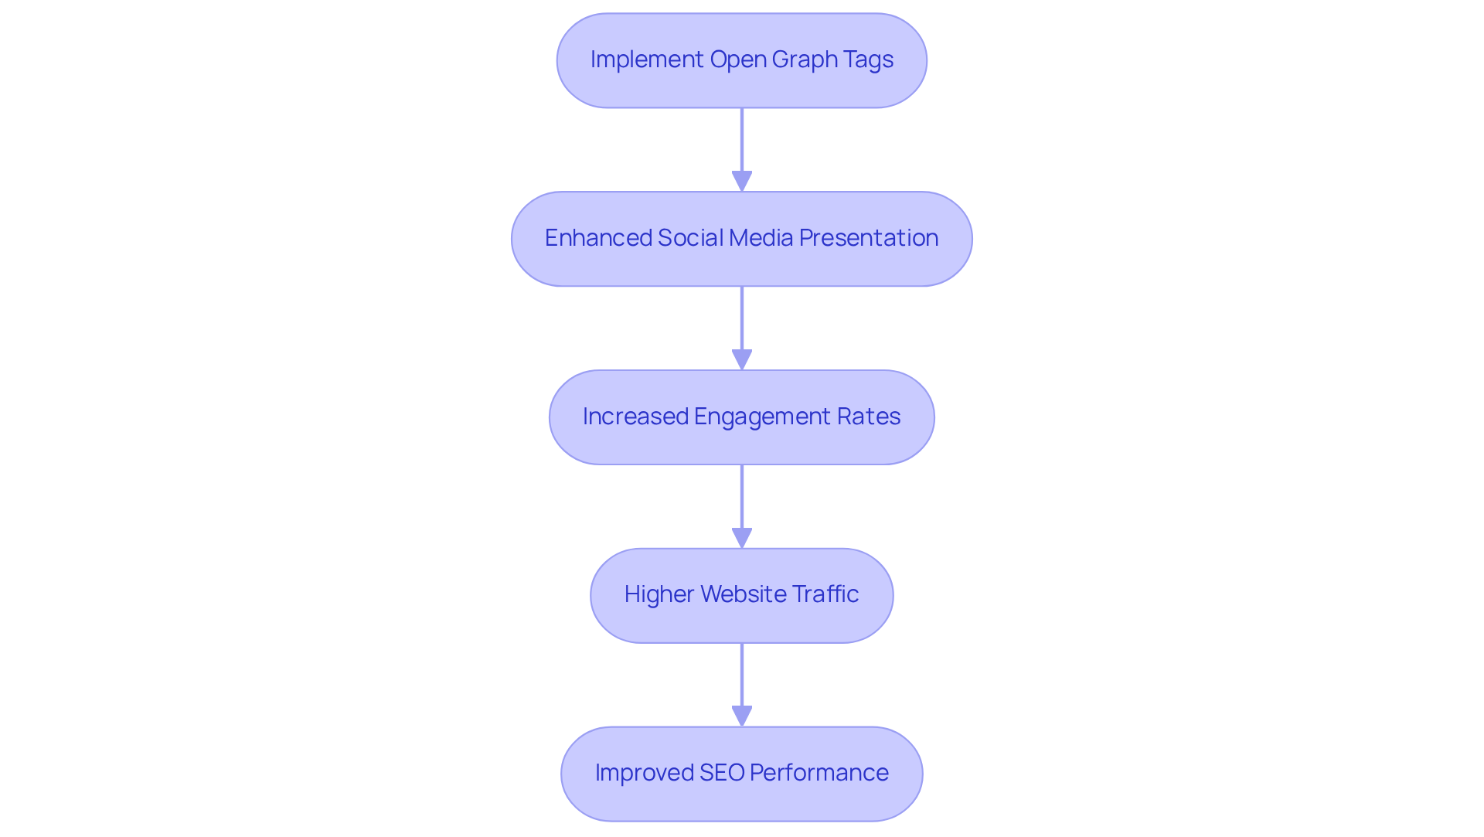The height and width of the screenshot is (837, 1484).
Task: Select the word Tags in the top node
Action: click(870, 60)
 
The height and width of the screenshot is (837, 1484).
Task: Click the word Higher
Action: click(659, 594)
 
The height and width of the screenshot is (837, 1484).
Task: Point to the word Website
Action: click(742, 594)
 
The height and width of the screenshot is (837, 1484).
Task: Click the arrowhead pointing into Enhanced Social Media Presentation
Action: click(742, 182)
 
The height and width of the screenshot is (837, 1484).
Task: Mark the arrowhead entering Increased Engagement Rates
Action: click(742, 360)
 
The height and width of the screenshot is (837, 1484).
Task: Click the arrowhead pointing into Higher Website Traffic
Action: click(742, 539)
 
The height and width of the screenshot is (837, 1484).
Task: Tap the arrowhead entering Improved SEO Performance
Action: click(742, 716)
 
